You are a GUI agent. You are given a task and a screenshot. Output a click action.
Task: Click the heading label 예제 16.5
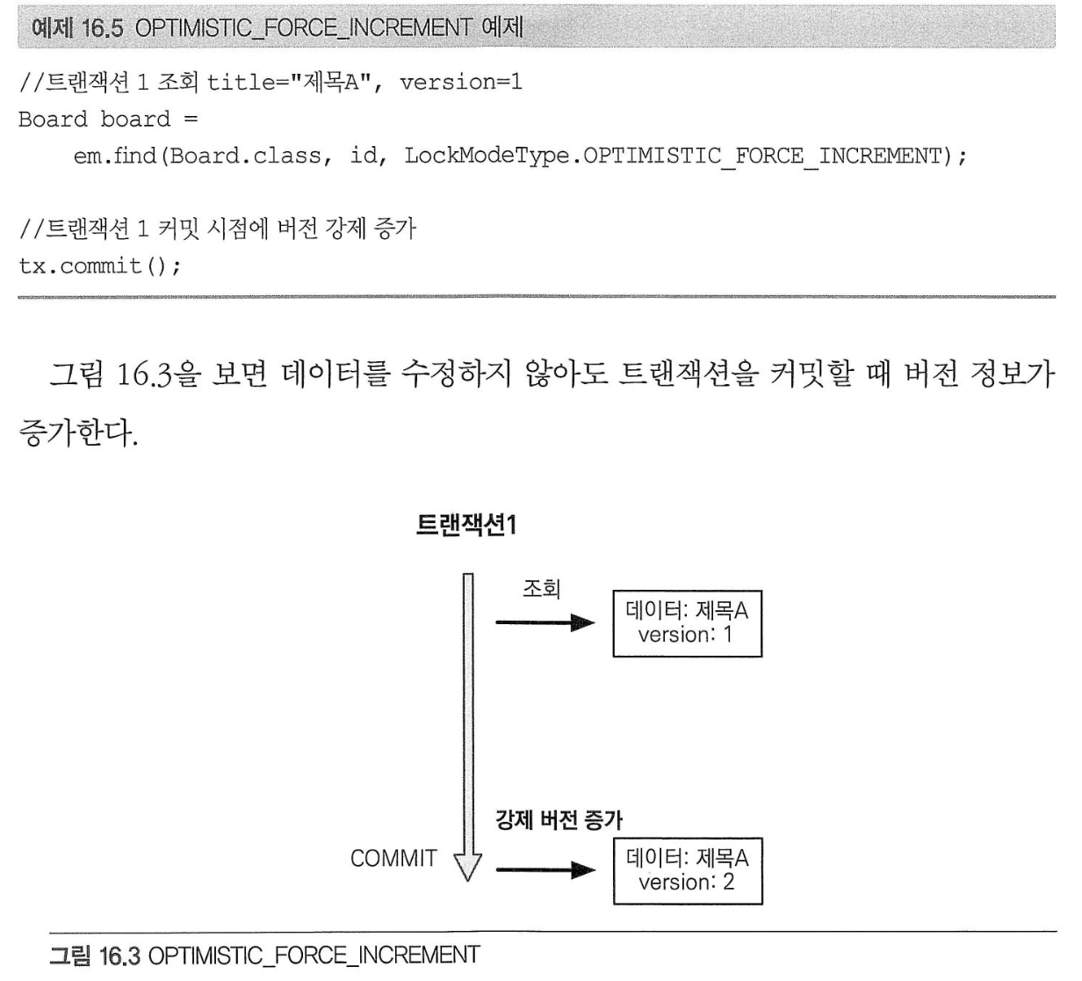coord(77,27)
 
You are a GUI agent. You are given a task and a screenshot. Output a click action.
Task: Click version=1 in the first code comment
coord(461,82)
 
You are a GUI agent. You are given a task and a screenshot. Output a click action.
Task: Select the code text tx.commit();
coord(100,266)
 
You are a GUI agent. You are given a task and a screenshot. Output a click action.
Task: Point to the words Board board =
coord(108,119)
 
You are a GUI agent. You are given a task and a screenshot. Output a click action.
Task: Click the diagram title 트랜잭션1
coord(467,524)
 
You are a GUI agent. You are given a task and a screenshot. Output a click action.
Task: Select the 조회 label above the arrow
coord(542,588)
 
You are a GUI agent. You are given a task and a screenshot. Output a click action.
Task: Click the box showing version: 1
coord(687,623)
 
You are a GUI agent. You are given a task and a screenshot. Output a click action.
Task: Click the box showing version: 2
coord(688,871)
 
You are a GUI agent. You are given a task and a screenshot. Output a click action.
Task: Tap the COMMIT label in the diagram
coord(393,859)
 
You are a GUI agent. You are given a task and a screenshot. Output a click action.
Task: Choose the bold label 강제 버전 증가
coord(559,820)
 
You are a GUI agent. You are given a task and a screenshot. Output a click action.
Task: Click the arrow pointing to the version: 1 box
coord(545,622)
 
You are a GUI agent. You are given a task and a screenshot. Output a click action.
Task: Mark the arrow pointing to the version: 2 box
coord(545,869)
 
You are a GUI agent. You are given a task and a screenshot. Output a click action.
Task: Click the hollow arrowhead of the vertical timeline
coord(467,867)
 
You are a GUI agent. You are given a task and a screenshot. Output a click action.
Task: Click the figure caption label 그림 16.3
coord(94,956)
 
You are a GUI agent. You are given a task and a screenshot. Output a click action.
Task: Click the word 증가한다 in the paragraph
coord(75,432)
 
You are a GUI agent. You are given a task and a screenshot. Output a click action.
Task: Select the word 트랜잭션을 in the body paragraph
coord(689,374)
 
